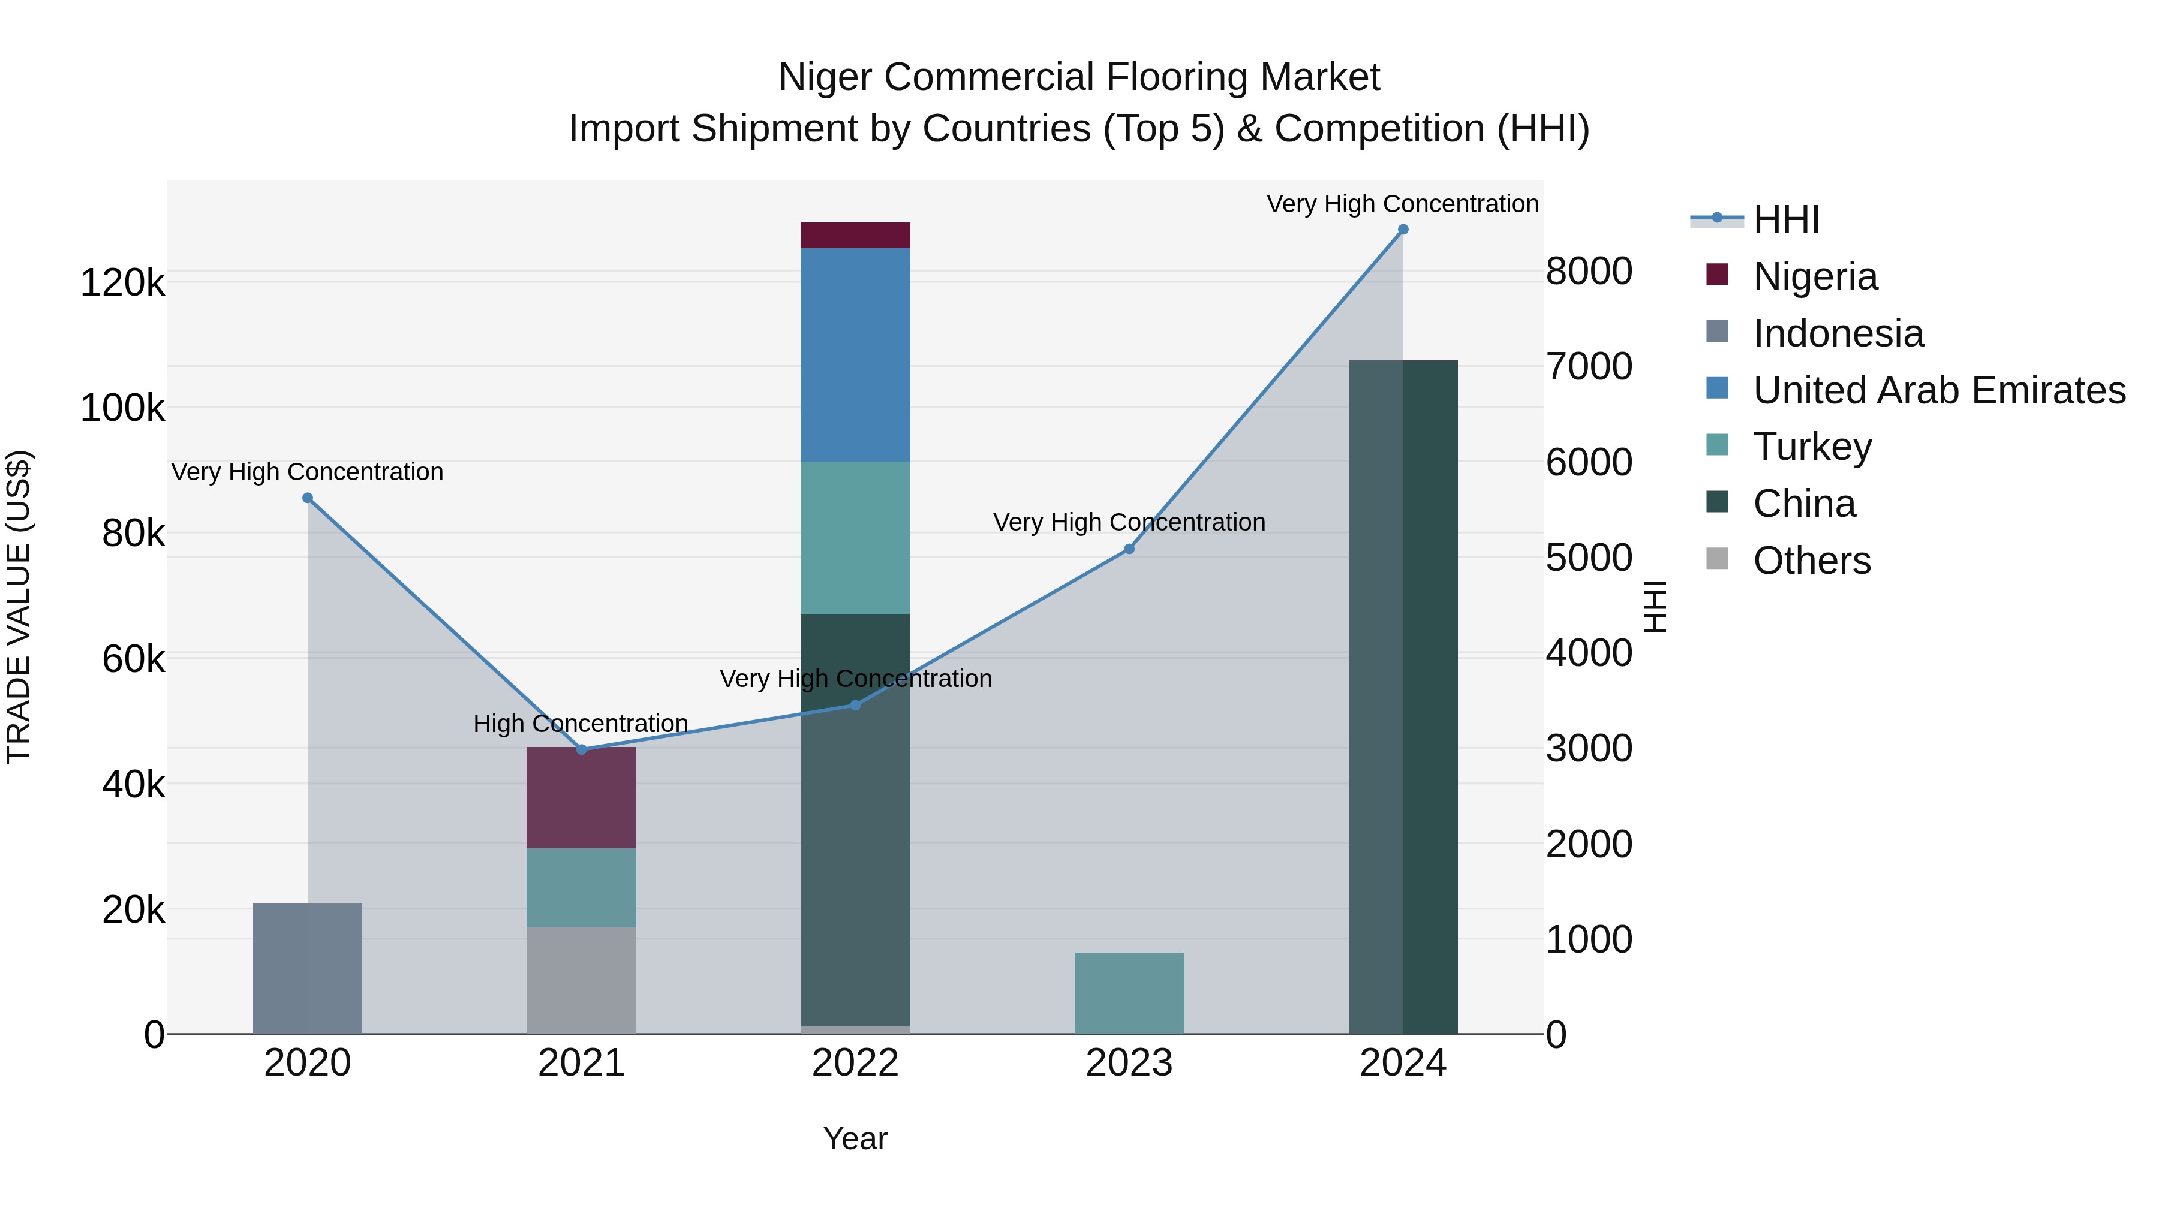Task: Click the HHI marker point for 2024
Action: click(x=1403, y=230)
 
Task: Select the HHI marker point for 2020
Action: click(x=308, y=498)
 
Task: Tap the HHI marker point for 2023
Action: click(x=1129, y=549)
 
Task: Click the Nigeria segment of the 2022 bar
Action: click(x=855, y=236)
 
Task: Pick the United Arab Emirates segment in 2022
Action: click(x=855, y=354)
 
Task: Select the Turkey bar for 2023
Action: click(x=1129, y=993)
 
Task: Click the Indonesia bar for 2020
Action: click(x=308, y=969)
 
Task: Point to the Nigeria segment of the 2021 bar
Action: click(x=581, y=797)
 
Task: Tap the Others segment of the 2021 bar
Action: click(x=581, y=980)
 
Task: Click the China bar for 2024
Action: click(x=1403, y=695)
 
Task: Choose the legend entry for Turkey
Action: click(x=1812, y=447)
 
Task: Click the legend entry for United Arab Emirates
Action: click(x=1938, y=390)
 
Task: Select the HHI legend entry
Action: click(x=1785, y=219)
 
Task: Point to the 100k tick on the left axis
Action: click(x=122, y=409)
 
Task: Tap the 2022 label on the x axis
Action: click(x=855, y=1063)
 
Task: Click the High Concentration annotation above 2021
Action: click(x=580, y=723)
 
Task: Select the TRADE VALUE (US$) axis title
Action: click(x=19, y=607)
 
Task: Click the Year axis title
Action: click(x=855, y=1138)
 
